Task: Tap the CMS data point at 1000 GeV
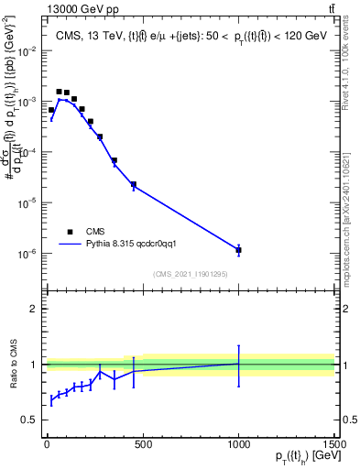238,249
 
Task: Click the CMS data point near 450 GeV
133,184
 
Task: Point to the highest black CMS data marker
59,92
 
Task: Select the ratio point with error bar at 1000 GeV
238,364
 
